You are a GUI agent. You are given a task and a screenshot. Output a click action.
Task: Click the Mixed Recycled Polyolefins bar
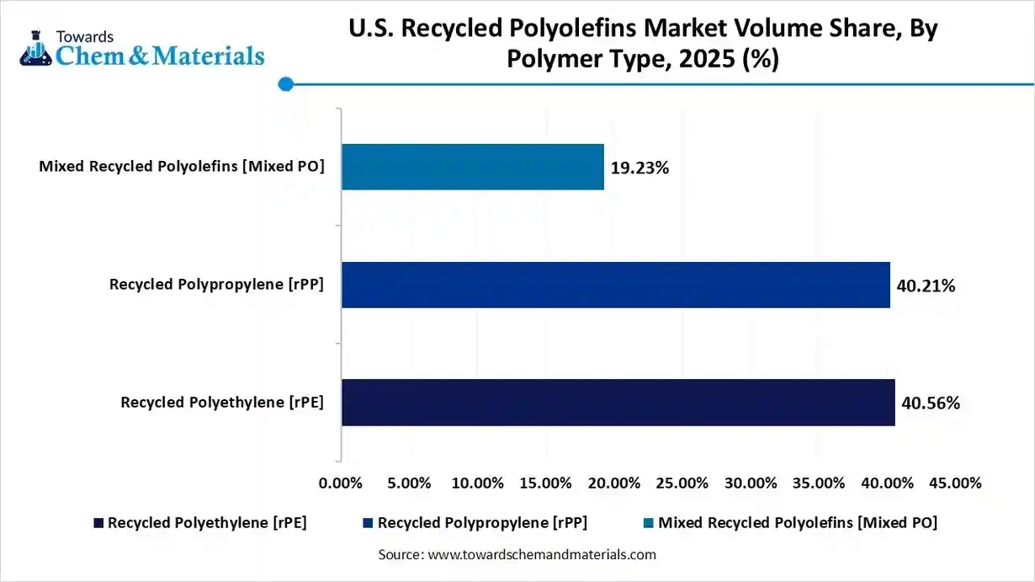(472, 167)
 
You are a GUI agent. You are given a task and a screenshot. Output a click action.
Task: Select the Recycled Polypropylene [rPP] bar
(615, 285)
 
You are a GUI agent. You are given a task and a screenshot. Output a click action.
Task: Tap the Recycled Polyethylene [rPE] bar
(618, 402)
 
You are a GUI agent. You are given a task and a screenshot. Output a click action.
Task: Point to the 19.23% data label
(640, 168)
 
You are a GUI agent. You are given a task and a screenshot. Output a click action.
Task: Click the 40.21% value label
(926, 286)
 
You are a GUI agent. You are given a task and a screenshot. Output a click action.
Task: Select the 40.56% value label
(930, 403)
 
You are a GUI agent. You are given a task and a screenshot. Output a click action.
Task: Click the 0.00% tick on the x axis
(341, 483)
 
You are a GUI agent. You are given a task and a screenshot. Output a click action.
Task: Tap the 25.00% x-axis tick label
(682, 483)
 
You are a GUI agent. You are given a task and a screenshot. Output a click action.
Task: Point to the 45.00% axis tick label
(955, 483)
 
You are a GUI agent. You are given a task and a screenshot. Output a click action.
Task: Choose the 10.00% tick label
(477, 483)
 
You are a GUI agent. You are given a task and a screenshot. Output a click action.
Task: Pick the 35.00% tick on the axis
(819, 483)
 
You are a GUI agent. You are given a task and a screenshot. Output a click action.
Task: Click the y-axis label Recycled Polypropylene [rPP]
(216, 285)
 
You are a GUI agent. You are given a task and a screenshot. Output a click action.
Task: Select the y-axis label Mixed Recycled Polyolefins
(181, 167)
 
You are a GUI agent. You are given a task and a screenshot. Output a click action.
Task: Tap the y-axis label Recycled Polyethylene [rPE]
(222, 403)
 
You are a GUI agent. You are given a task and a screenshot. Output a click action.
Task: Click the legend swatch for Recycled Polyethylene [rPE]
(99, 523)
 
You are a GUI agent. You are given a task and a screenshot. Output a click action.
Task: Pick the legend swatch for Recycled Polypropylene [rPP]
(369, 523)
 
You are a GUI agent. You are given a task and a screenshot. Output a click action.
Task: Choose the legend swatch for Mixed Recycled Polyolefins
(649, 523)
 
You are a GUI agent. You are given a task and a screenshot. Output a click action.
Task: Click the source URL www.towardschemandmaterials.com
(542, 555)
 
